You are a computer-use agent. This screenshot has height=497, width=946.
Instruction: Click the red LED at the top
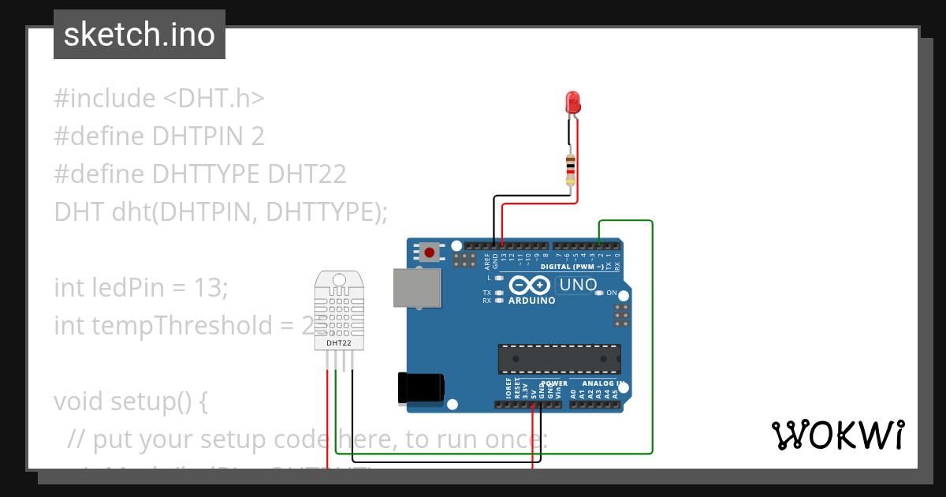tap(573, 102)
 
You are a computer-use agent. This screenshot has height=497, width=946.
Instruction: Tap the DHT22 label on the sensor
tap(339, 343)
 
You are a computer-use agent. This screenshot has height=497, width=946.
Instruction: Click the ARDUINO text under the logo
tap(531, 301)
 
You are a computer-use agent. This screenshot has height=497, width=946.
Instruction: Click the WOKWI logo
tap(837, 435)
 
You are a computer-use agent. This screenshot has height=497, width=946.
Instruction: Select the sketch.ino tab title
tap(140, 35)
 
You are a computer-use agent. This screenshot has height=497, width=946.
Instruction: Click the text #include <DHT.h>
tap(159, 99)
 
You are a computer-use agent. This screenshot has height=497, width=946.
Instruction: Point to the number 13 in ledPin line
tap(208, 288)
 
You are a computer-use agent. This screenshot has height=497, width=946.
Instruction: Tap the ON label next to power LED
tap(611, 293)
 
